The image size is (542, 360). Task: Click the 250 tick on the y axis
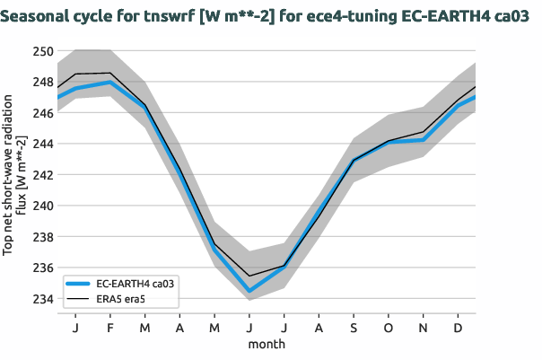click(x=43, y=51)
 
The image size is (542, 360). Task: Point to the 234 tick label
click(x=43, y=299)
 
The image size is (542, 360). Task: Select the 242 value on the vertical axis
click(x=43, y=175)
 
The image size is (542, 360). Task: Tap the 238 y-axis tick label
click(x=43, y=237)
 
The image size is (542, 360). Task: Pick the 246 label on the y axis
click(x=43, y=113)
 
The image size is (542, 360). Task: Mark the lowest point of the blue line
click(x=249, y=291)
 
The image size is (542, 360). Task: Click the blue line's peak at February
click(x=109, y=83)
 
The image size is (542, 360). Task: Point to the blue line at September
click(x=354, y=161)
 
